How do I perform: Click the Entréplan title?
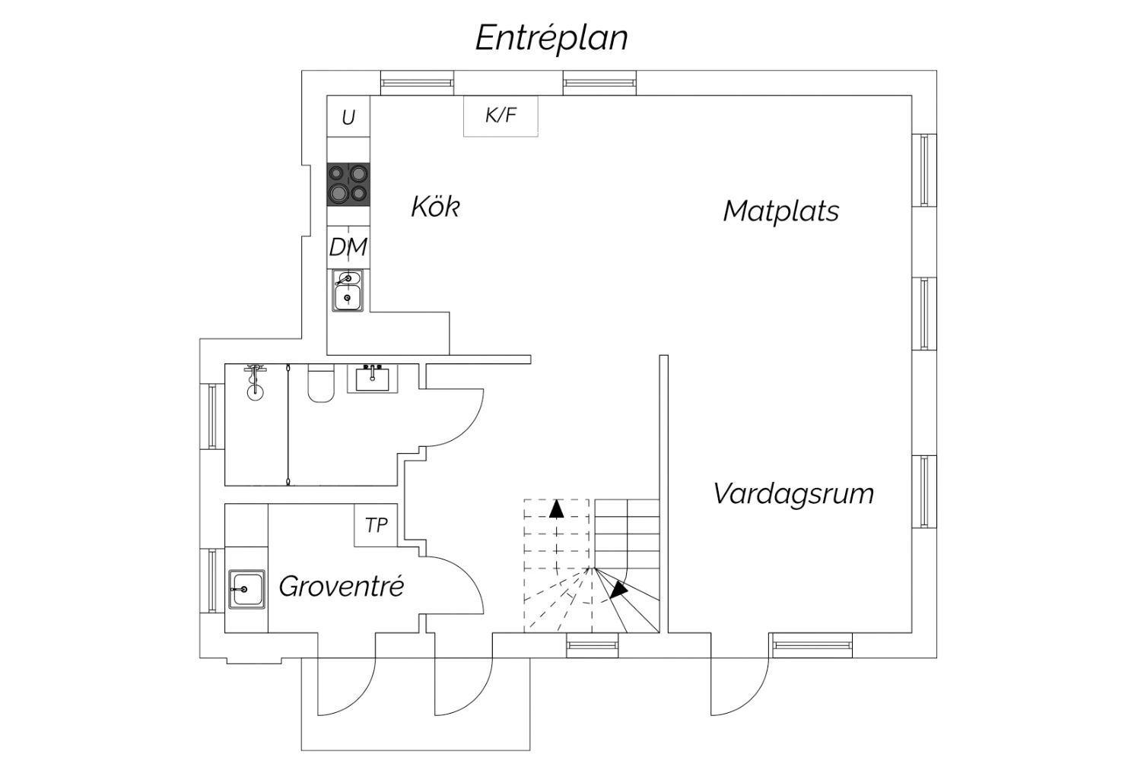click(x=551, y=38)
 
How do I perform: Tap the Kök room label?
click(x=435, y=207)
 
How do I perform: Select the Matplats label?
click(x=780, y=211)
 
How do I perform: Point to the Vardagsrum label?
click(x=793, y=494)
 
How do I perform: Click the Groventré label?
click(x=341, y=586)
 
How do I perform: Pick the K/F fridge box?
click(x=501, y=116)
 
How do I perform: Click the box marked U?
click(x=348, y=117)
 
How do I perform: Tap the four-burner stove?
click(x=348, y=184)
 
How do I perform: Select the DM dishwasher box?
click(x=348, y=247)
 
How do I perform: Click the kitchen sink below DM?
click(x=348, y=291)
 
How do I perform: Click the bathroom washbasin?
click(x=373, y=378)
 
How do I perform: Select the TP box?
click(x=376, y=525)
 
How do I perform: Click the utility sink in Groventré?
click(x=246, y=589)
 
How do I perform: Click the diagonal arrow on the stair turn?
click(x=618, y=589)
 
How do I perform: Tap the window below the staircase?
click(x=593, y=646)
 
